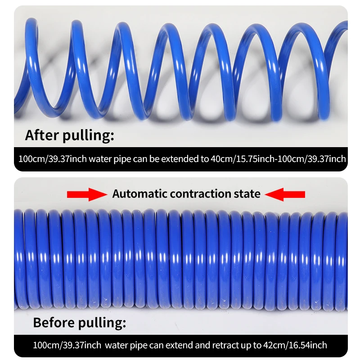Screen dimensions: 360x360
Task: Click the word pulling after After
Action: (x=86, y=136)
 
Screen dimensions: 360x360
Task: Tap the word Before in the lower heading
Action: (x=54, y=322)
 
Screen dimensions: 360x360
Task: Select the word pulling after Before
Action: (x=100, y=323)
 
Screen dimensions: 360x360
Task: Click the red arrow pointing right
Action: (x=87, y=194)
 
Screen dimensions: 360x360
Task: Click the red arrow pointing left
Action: (x=285, y=194)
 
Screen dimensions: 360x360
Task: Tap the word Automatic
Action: (x=139, y=193)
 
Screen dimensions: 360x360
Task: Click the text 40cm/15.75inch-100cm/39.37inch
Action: (x=278, y=159)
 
